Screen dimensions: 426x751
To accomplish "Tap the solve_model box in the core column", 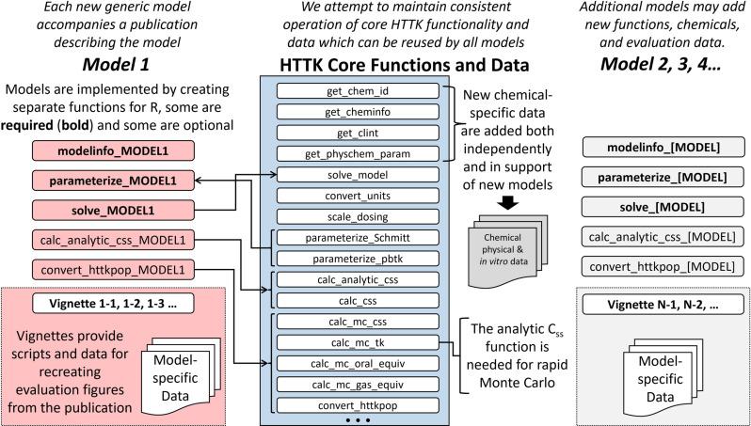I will pos(359,176).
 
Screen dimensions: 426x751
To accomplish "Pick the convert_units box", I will pos(359,197).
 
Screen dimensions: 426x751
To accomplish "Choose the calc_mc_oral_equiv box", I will pos(359,363).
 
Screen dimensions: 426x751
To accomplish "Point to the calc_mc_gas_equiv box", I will pos(359,384).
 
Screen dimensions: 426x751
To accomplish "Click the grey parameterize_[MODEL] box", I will pos(659,178).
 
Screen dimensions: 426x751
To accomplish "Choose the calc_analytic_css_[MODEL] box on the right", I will pos(659,236).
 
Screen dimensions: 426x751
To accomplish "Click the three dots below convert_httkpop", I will pos(359,418).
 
